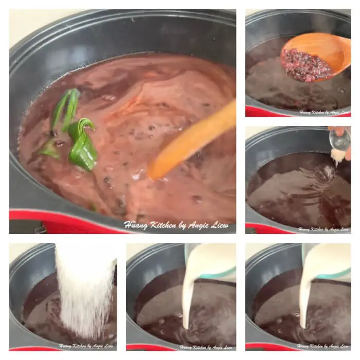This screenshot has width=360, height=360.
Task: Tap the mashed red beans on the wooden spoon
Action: pos(301,64)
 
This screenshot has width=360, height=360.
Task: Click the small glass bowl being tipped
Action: pos(340,139)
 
